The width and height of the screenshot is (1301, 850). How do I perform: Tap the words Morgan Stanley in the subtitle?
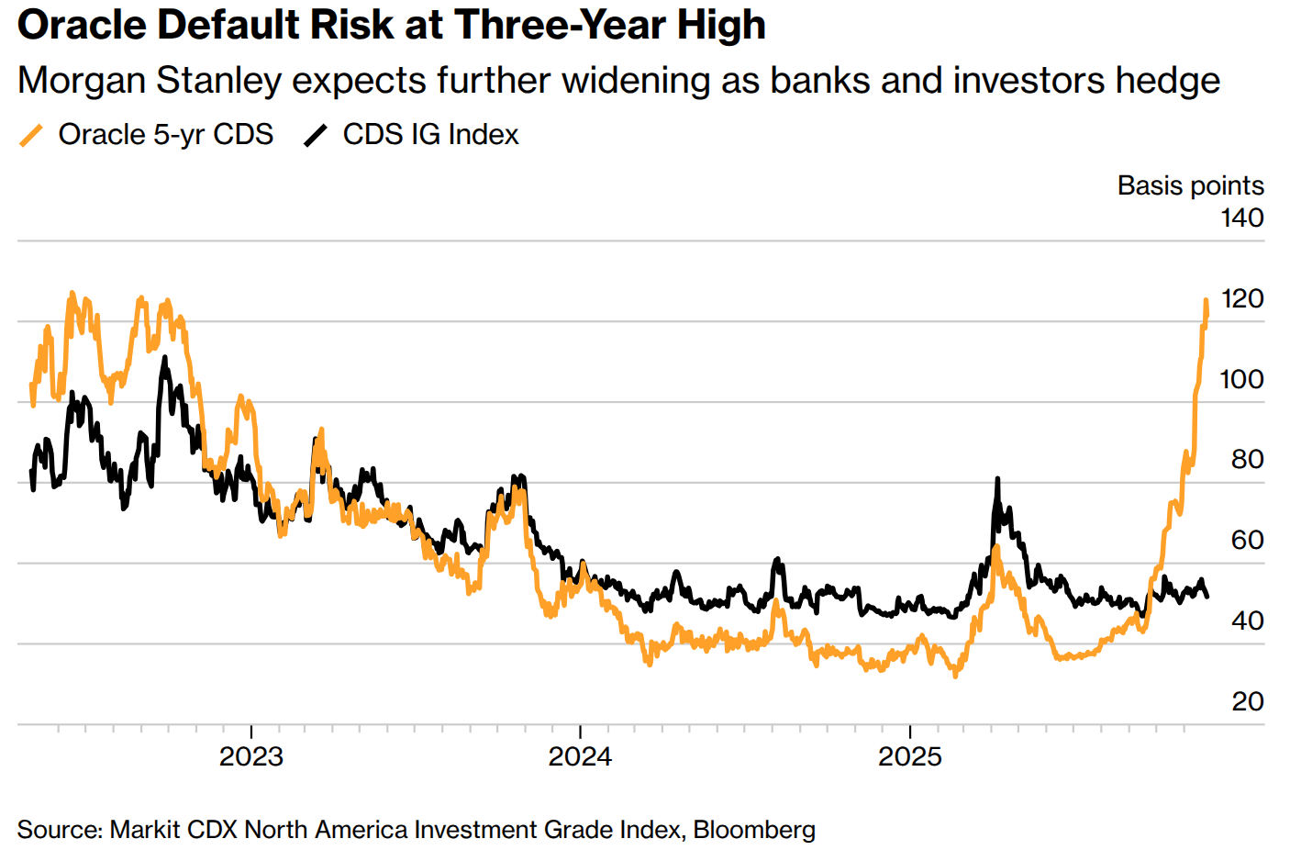(150, 81)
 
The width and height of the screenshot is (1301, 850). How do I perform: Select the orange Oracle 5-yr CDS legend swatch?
(31, 135)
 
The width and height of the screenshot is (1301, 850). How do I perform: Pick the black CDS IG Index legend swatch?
(316, 135)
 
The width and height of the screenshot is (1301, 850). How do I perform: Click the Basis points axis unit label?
(1190, 185)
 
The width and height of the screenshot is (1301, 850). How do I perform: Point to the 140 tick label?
(1241, 218)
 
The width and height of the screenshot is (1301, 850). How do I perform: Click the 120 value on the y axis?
(1241, 298)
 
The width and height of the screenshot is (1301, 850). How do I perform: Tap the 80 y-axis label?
(1247, 459)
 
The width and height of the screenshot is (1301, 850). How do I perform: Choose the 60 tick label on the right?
(1247, 540)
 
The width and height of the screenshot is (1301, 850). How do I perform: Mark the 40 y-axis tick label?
(1247, 621)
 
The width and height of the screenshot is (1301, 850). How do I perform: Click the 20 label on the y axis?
(1247, 701)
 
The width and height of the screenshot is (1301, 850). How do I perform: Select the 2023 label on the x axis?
(251, 756)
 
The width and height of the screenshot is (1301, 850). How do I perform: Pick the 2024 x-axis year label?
(580, 756)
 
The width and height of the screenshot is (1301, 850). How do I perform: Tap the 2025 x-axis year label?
(909, 756)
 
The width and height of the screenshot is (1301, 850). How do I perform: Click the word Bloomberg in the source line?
(754, 830)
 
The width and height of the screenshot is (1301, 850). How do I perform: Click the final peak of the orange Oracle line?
(1206, 300)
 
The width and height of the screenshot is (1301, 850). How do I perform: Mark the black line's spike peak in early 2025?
(997, 479)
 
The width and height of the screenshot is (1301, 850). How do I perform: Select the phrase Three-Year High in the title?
(609, 25)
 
